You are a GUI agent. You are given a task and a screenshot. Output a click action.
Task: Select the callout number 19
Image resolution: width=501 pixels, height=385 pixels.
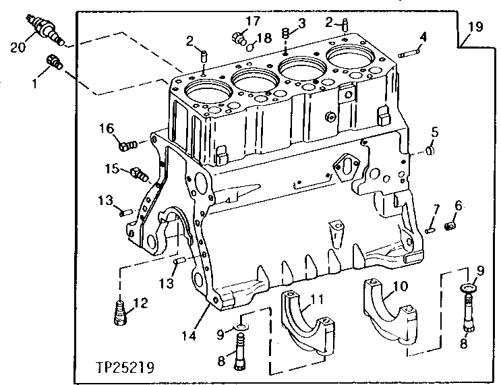(475, 27)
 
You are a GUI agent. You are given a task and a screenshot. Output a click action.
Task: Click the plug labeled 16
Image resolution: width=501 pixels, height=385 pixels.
(127, 144)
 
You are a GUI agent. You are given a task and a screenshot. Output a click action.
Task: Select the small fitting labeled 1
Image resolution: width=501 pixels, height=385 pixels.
(54, 63)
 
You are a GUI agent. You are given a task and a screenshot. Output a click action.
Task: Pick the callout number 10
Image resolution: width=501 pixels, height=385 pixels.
(400, 286)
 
